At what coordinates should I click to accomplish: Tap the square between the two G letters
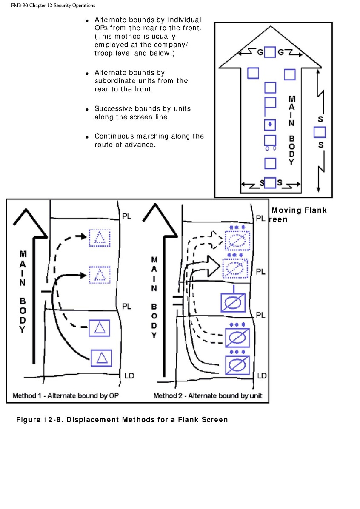(270, 52)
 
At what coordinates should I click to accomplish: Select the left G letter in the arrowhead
(260, 52)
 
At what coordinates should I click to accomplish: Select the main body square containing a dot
(270, 125)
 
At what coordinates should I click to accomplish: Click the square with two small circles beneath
(270, 140)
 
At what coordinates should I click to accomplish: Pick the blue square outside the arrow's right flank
(320, 132)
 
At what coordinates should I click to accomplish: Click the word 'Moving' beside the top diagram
(286, 210)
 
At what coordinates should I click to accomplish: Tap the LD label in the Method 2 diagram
(262, 375)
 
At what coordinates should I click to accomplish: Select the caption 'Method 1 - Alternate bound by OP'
(66, 396)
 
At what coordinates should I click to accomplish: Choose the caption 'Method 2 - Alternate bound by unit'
(208, 396)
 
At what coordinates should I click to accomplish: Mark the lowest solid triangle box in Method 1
(101, 358)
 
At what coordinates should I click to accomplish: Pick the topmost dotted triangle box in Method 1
(99, 238)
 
